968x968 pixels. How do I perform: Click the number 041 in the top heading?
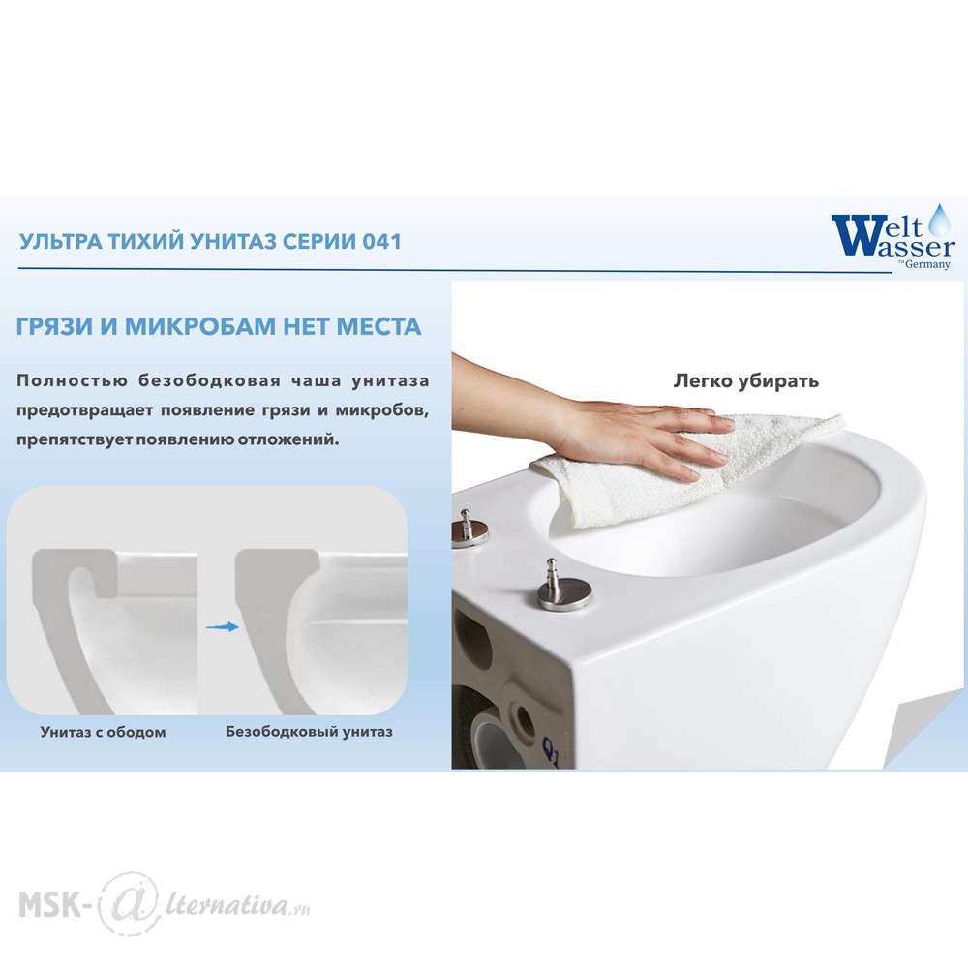[381, 241]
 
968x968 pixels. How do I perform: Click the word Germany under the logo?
[927, 265]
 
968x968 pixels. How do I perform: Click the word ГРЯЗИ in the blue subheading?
[54, 326]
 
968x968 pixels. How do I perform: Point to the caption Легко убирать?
[745, 380]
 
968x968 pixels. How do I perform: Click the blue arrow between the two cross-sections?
[223, 626]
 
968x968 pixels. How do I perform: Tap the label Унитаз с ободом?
[104, 732]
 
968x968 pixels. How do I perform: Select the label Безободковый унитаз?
[309, 732]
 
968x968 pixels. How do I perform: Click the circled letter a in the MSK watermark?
[127, 905]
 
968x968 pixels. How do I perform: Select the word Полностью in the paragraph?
[73, 380]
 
